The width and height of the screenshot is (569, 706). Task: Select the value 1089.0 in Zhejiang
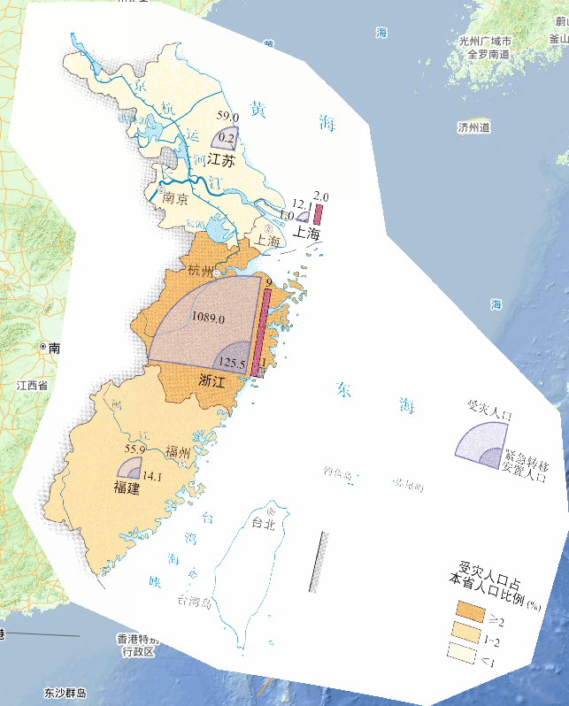[x=208, y=318]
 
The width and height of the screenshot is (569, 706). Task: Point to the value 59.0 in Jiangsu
[x=228, y=116]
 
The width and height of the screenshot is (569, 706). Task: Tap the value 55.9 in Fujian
[x=135, y=449]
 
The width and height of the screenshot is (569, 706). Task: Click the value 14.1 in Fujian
[x=152, y=476]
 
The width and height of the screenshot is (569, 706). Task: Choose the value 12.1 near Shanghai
[x=302, y=203]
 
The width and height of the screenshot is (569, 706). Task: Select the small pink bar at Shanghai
[x=318, y=214]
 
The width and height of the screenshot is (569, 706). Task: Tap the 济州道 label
[x=473, y=127]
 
